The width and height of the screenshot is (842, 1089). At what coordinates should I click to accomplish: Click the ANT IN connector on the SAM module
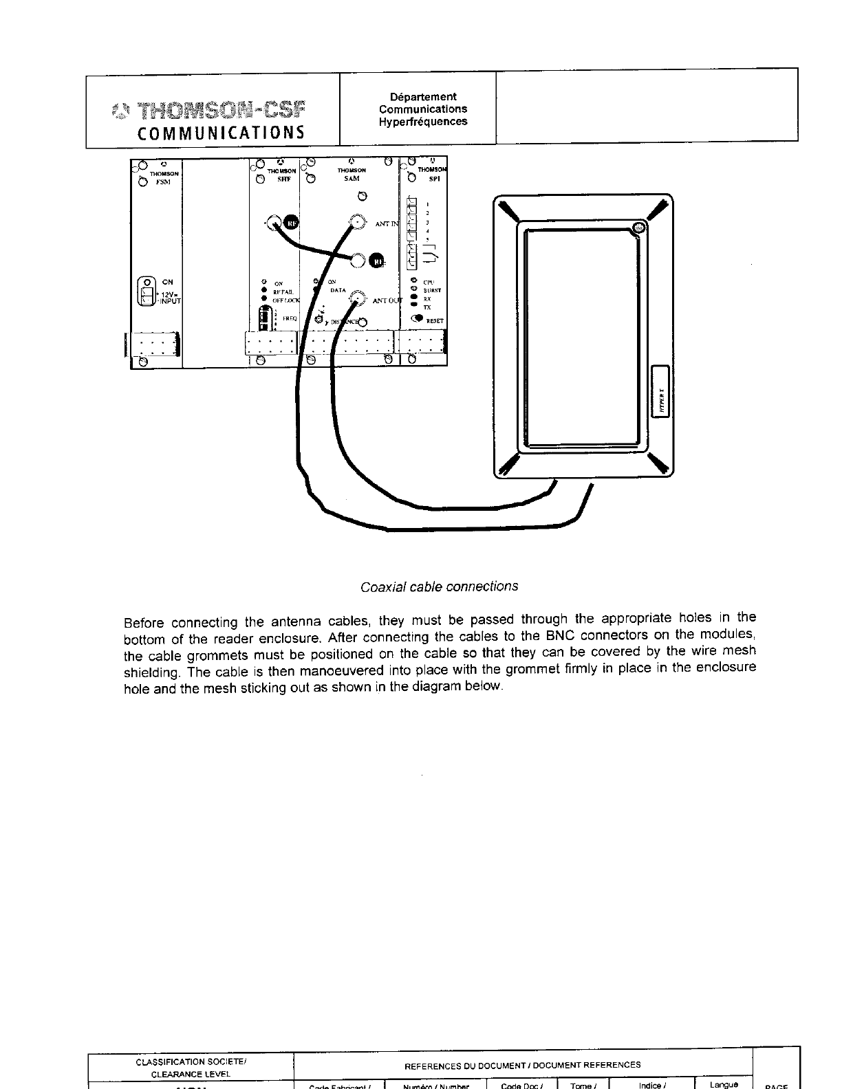358,222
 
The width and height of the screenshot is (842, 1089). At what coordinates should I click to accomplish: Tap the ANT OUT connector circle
357,298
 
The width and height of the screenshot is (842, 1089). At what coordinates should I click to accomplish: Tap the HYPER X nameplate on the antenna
656,390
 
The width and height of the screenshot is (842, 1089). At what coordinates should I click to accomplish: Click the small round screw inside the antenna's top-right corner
638,228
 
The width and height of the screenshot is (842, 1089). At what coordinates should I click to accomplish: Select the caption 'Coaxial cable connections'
439,587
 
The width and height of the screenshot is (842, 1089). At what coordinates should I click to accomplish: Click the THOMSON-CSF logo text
222,110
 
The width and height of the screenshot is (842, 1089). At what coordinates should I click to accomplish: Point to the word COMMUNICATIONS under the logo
220,132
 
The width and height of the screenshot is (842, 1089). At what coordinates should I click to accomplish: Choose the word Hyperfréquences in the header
422,122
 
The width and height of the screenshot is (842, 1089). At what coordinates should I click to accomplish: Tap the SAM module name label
351,178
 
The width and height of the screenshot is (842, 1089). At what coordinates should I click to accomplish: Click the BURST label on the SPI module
432,290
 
